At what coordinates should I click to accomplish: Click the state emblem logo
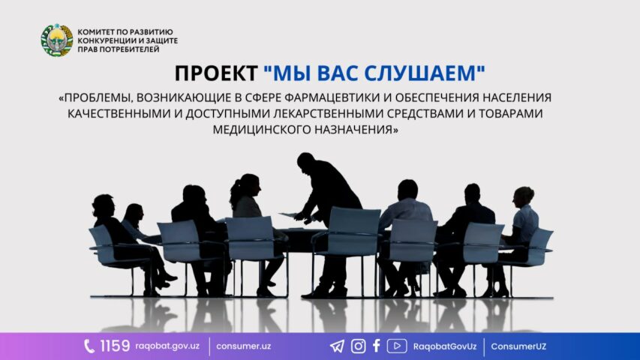tap(57, 40)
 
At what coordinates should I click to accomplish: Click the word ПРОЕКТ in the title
tap(216, 74)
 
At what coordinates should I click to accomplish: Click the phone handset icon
tap(89, 346)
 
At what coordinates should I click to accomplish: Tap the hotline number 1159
tap(115, 346)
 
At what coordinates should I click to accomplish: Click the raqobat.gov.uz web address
tap(167, 346)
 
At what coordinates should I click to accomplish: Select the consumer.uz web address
tap(243, 346)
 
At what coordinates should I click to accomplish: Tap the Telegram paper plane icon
tap(337, 346)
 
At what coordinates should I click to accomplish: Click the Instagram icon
tap(359, 346)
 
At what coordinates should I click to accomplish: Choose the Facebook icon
tap(377, 346)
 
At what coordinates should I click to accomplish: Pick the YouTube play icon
tap(397, 346)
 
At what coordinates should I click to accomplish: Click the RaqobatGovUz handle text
tap(444, 346)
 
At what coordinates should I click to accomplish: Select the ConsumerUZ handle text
tap(518, 346)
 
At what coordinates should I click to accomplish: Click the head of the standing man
tap(305, 161)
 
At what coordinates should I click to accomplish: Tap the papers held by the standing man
tap(290, 214)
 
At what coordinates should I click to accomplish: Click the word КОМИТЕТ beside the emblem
tap(95, 31)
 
